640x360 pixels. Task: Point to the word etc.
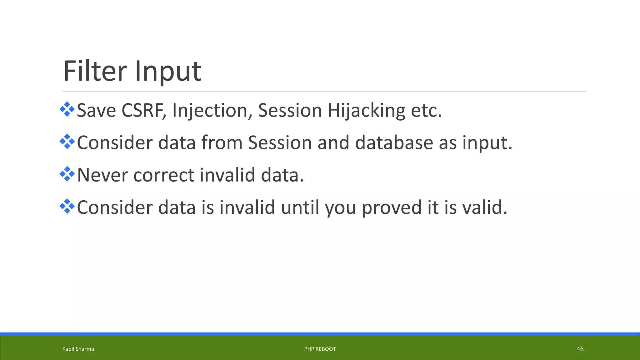pos(426,111)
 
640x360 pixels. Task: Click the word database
pos(394,143)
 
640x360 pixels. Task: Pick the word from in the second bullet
pos(222,143)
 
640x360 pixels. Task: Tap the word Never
pos(102,175)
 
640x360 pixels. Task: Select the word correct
pos(164,175)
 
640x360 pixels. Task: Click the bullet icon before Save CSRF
pos(67,109)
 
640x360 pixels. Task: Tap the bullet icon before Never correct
pos(67,174)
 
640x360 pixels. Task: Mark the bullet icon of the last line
pos(67,206)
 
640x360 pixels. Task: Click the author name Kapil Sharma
pos(78,349)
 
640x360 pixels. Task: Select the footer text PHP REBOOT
pos(320,349)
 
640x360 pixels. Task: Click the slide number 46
pos(580,349)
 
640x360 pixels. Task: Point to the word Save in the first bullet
pos(96,111)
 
